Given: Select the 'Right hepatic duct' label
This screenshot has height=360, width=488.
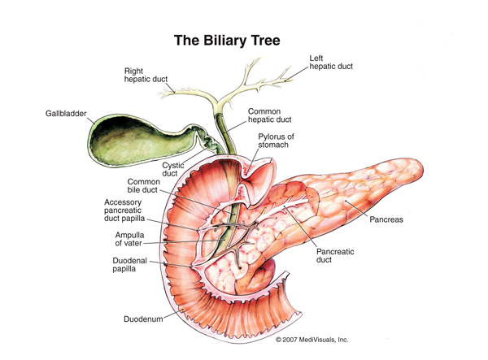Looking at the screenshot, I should click(x=145, y=76).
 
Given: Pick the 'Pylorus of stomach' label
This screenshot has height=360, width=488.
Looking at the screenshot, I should click(x=277, y=141).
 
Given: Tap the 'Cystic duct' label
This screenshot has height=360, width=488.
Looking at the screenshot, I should click(x=173, y=169).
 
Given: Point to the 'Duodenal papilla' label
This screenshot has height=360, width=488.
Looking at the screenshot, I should click(x=129, y=266).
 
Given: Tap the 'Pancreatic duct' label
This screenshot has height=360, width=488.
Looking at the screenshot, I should click(x=333, y=256).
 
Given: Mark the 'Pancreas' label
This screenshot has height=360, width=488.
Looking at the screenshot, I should click(x=386, y=219).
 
